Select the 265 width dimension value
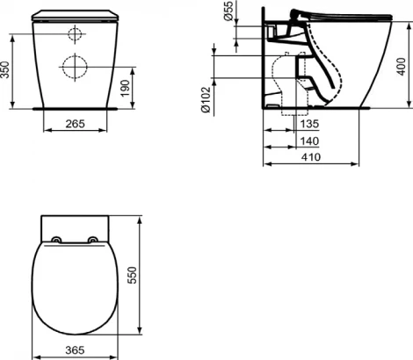click(x=76, y=125)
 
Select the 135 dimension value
click(x=308, y=125)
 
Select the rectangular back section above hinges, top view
click(x=75, y=224)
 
